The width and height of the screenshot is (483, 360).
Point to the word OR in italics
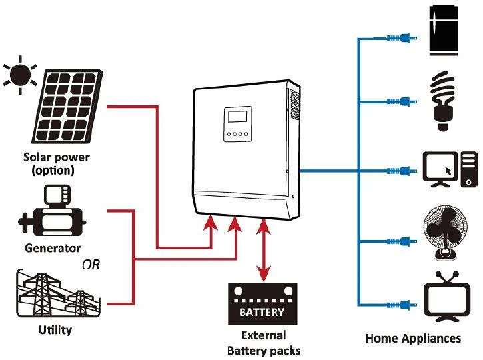[91, 265]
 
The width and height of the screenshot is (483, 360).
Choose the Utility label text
[55, 330]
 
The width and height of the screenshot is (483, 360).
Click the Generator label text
[52, 248]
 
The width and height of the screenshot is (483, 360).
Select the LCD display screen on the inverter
[237, 118]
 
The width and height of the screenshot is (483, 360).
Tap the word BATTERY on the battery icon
[261, 312]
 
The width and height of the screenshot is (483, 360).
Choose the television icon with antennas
[447, 297]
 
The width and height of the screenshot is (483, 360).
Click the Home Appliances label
[413, 339]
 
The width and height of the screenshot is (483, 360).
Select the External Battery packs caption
[263, 343]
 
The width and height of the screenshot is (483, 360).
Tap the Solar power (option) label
[56, 164]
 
